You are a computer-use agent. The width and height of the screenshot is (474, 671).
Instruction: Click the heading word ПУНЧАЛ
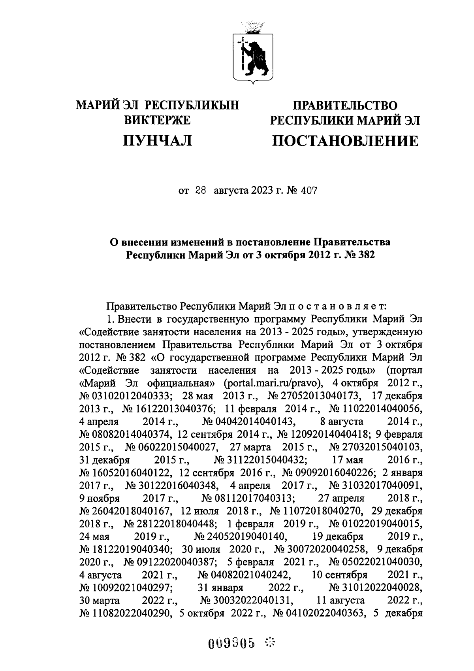coord(158,140)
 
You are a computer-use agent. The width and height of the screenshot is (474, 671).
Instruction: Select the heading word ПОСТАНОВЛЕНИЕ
coord(345,141)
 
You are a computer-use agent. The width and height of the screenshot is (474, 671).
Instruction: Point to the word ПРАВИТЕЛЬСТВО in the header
coord(344,105)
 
